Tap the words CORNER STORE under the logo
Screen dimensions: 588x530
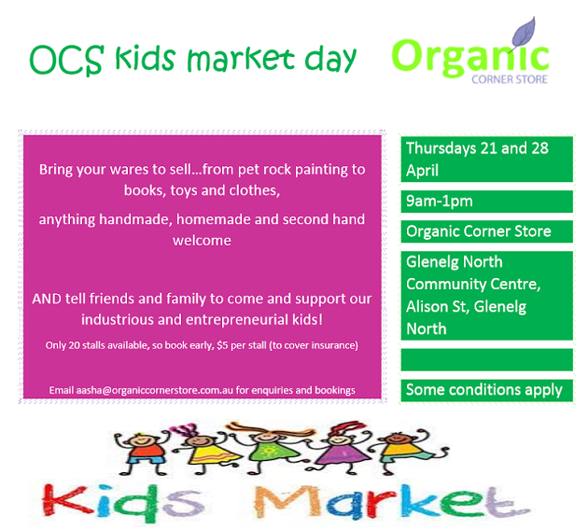[510, 79]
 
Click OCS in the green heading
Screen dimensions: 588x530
[66, 60]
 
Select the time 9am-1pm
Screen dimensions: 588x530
[439, 202]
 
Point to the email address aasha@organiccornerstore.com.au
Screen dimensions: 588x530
[155, 390]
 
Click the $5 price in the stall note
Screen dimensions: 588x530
[222, 345]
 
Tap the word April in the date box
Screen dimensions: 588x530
[422, 171]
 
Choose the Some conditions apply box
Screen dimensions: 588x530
[487, 390]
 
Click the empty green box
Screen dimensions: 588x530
[487, 360]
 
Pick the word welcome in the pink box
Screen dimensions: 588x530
[202, 240]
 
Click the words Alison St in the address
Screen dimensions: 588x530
[437, 307]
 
